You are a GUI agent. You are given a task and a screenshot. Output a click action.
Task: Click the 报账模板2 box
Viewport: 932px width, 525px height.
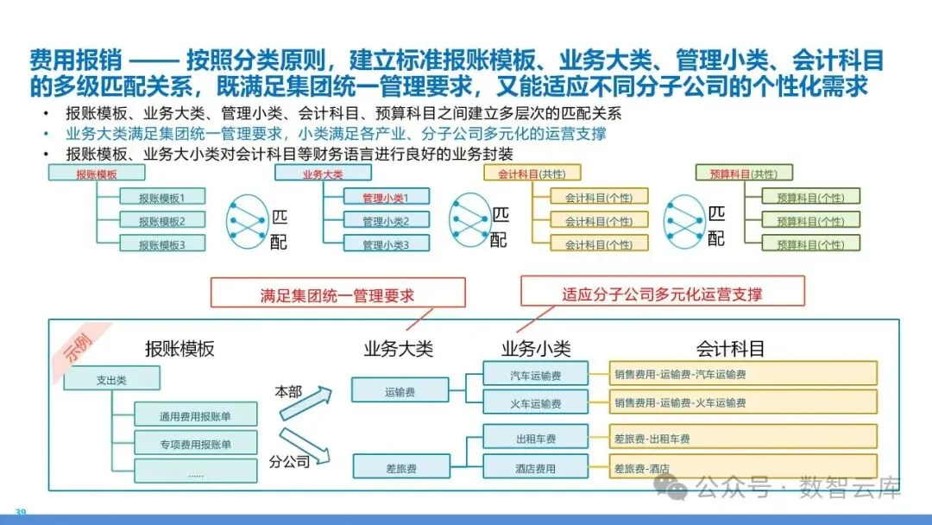161,220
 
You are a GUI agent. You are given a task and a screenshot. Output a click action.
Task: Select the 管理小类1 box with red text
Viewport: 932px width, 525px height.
384,197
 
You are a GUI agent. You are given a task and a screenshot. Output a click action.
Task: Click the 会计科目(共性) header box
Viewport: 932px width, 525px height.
532,174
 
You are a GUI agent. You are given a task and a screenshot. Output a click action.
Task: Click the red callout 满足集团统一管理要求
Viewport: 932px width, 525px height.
337,294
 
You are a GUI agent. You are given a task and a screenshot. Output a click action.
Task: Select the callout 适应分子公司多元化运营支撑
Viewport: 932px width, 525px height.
662,294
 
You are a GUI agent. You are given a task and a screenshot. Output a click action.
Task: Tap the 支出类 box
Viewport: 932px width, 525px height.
99,378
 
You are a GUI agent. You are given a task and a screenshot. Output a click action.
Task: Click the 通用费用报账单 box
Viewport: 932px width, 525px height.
195,415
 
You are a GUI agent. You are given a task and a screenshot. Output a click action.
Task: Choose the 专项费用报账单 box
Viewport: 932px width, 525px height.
195,444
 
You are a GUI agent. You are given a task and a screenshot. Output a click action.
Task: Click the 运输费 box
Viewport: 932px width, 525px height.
400,391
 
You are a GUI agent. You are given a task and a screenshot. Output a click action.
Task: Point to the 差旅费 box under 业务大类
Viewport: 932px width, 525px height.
400,468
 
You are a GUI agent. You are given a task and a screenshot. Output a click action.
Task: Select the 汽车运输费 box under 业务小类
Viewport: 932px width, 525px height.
535,374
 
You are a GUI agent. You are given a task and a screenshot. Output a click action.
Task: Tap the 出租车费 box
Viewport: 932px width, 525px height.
535,439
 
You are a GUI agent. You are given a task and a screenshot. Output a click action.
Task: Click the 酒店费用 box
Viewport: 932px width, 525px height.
535,468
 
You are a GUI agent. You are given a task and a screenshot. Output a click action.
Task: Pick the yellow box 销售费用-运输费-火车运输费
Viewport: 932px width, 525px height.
743,402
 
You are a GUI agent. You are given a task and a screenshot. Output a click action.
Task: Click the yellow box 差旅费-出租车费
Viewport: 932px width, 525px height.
743,439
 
